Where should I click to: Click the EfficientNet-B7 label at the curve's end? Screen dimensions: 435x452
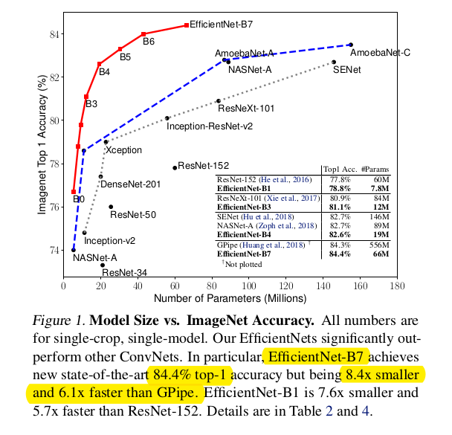coord(222,25)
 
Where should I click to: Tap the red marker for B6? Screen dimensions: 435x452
coord(143,34)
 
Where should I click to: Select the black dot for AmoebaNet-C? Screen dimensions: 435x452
coord(351,45)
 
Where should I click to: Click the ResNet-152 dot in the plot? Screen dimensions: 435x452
coord(175,167)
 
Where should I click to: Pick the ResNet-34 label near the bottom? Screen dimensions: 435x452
coord(124,272)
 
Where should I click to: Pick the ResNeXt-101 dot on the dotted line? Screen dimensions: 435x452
coord(218,100)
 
